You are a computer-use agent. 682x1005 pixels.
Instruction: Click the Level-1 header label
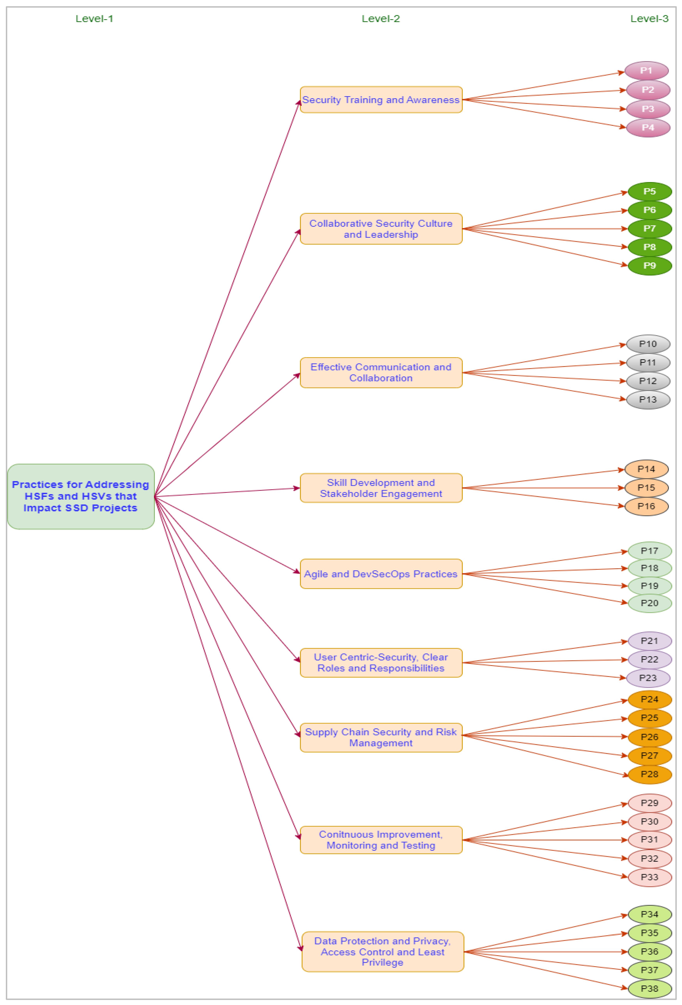tap(94, 19)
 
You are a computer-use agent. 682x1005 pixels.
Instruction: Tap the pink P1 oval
tap(646, 71)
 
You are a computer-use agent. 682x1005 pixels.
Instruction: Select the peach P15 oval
tap(646, 488)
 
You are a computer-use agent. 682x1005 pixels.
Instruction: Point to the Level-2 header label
tap(381, 19)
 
